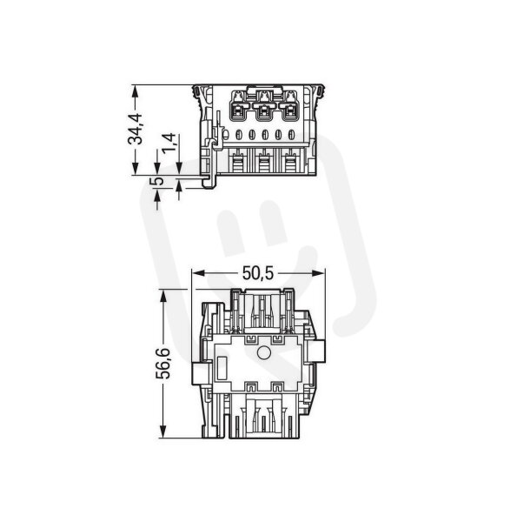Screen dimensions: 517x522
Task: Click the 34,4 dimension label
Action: click(x=136, y=129)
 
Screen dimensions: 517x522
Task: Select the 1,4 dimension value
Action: click(x=169, y=142)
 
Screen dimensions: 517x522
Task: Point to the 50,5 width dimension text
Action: click(x=258, y=273)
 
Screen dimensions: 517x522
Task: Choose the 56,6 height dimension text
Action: click(x=162, y=364)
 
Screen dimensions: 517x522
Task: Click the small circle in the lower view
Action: click(x=264, y=352)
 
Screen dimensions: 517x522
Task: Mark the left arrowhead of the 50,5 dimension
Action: click(x=198, y=273)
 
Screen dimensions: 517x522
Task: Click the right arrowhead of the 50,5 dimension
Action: click(x=319, y=273)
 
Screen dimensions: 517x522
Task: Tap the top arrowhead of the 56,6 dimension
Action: click(x=162, y=296)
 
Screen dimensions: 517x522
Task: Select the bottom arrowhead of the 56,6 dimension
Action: click(x=162, y=432)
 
